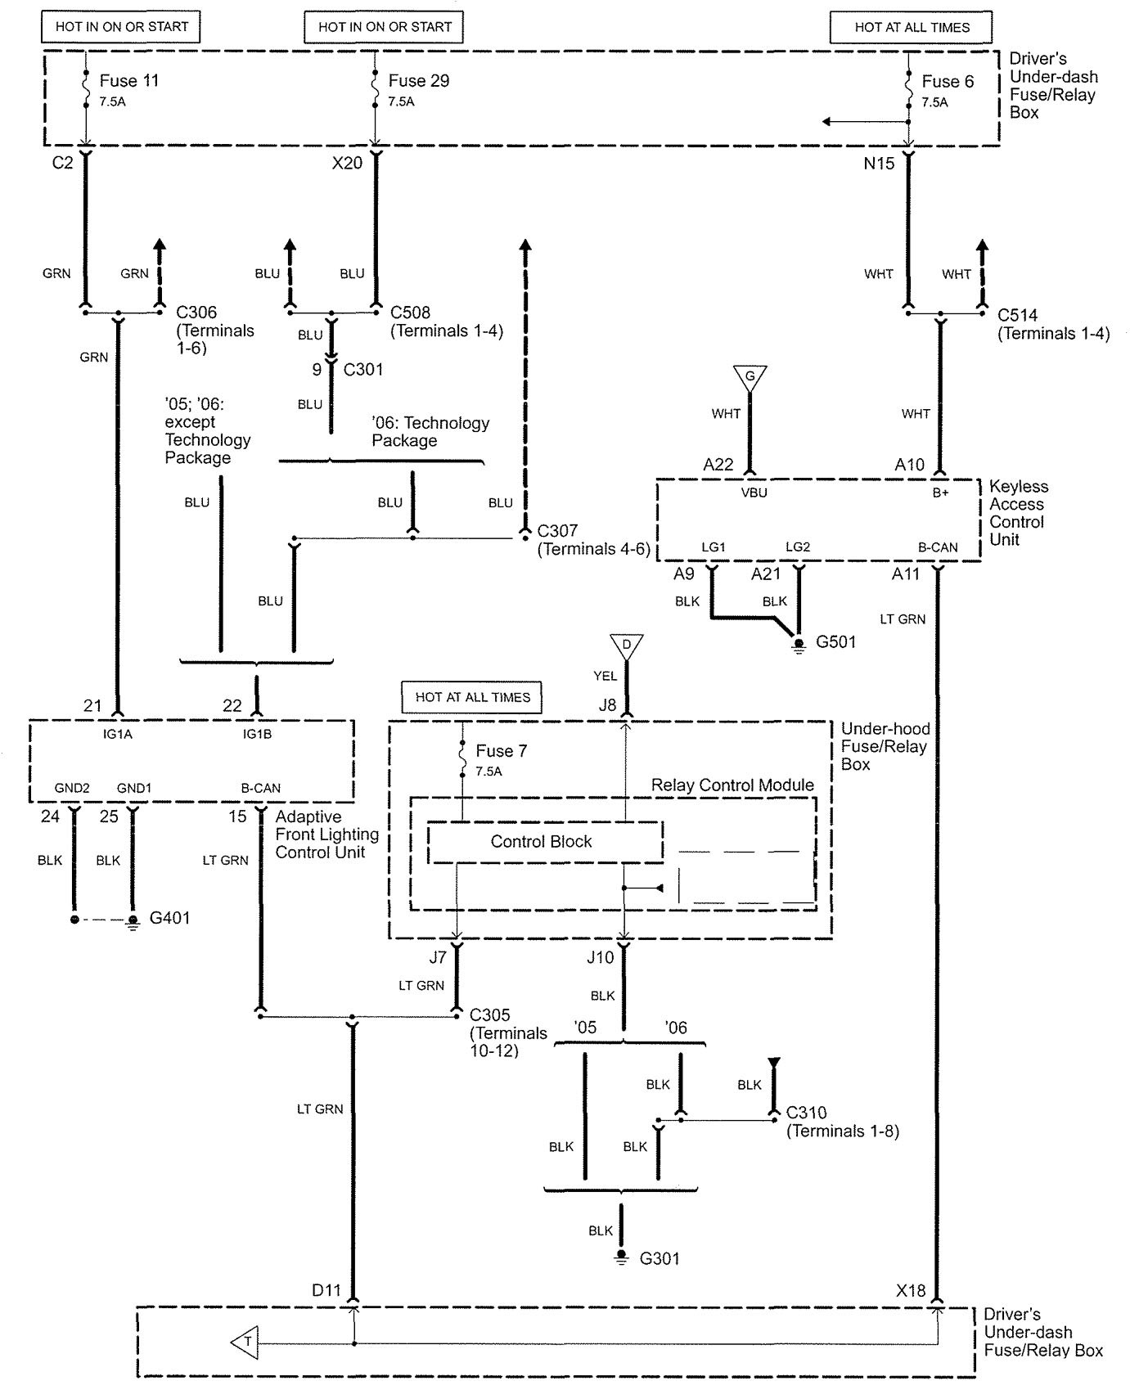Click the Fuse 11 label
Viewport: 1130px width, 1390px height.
(128, 81)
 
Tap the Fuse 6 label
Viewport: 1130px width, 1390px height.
(948, 82)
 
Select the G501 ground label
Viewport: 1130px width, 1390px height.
(835, 642)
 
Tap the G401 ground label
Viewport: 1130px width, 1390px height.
(169, 918)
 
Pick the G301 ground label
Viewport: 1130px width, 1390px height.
(660, 1258)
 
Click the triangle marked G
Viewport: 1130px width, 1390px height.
(750, 377)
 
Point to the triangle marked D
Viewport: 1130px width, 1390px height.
(626, 645)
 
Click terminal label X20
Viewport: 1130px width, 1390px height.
(347, 163)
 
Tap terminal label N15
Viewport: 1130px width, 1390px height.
(879, 164)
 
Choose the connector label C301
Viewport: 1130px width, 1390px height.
(362, 370)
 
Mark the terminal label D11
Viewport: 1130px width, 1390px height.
(326, 1290)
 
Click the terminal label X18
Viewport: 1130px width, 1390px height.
(911, 1290)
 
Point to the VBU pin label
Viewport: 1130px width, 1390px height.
(754, 493)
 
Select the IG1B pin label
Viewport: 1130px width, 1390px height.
(257, 735)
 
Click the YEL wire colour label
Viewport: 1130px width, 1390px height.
(606, 676)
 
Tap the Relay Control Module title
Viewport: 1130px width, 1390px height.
(732, 785)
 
